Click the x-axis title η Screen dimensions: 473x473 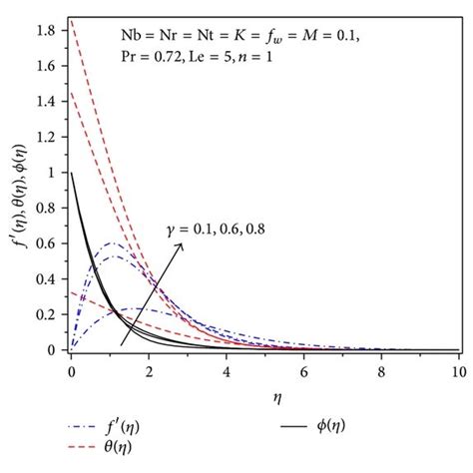click(x=264, y=395)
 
